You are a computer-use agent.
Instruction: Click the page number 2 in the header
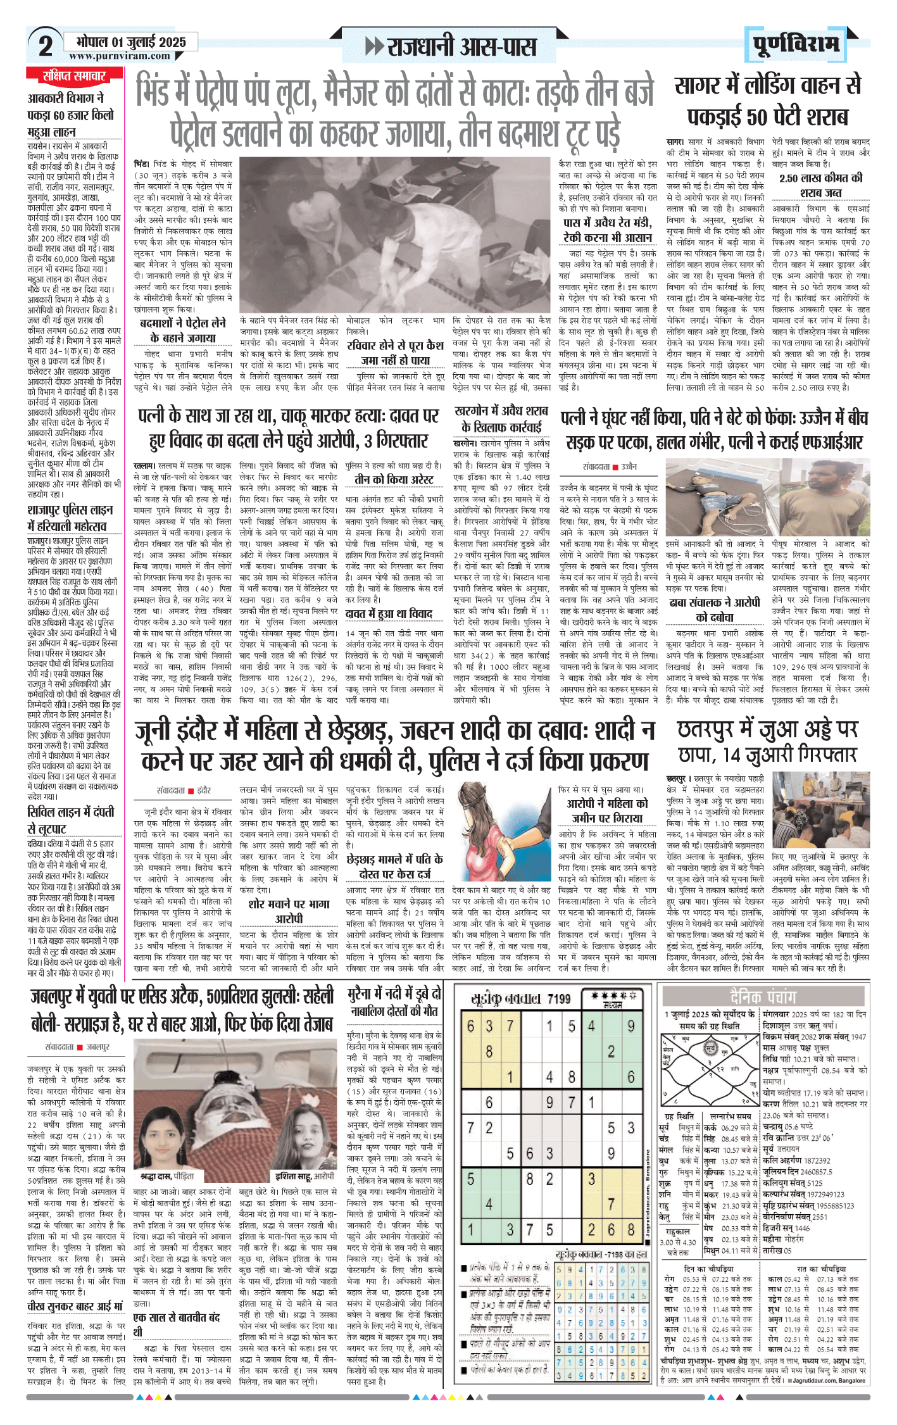tap(45, 46)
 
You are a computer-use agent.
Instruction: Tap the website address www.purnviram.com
tap(120, 56)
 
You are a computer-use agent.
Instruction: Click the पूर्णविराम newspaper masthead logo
tap(796, 44)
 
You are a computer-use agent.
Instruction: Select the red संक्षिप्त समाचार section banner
tap(74, 77)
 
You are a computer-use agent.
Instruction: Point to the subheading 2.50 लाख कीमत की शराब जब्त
tap(820, 185)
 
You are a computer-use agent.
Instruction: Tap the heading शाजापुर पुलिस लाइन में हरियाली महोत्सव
tap(70, 518)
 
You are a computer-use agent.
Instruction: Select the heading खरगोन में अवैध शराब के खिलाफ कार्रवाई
tap(501, 418)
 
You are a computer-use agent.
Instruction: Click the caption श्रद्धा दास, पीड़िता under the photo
tap(167, 1176)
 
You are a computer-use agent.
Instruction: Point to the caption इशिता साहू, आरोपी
tap(304, 1176)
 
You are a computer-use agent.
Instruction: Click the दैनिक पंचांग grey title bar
tap(763, 997)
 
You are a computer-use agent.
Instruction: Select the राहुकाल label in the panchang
tap(677, 1232)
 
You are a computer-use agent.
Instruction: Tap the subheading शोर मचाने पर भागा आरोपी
tap(288, 910)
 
